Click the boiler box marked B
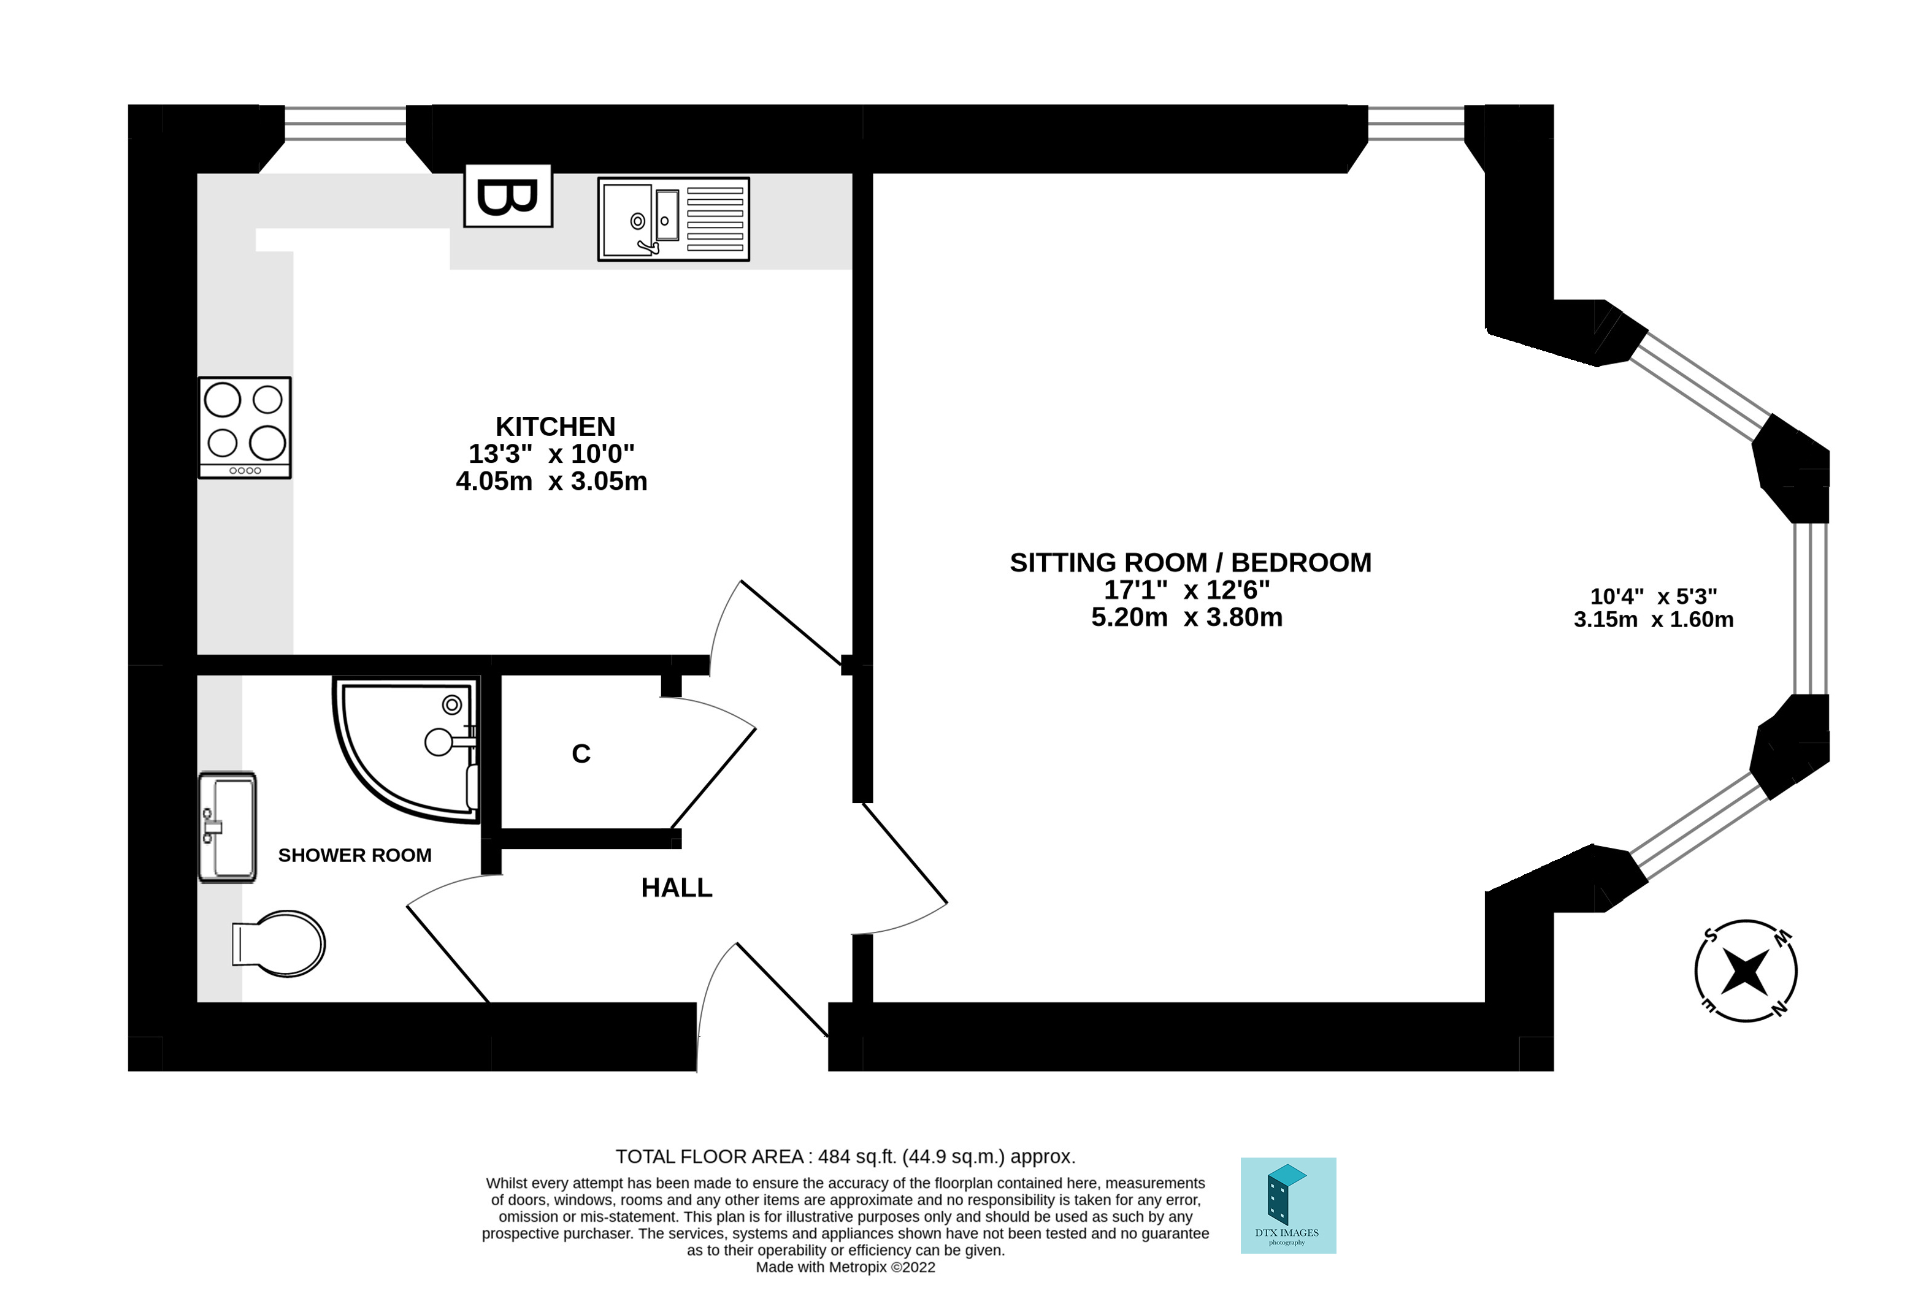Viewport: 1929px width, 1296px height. (x=508, y=196)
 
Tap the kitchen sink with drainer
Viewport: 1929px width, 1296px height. (x=673, y=219)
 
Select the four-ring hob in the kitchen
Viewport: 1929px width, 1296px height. (x=245, y=427)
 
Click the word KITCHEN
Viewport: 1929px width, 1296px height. (x=555, y=427)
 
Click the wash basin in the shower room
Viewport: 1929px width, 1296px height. (x=228, y=826)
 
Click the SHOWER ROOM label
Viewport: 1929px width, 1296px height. (x=355, y=855)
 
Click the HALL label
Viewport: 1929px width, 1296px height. (x=677, y=888)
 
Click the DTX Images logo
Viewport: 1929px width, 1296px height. (x=1287, y=1206)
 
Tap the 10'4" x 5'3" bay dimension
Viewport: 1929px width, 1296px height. (x=1653, y=596)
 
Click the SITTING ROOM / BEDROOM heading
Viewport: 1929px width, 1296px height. (x=1190, y=563)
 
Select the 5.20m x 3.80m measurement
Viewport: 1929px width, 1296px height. (x=1186, y=617)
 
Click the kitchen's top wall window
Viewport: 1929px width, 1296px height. (x=345, y=124)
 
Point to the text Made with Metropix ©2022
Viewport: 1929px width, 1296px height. (x=845, y=1267)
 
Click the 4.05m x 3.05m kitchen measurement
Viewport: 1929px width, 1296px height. (x=551, y=481)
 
